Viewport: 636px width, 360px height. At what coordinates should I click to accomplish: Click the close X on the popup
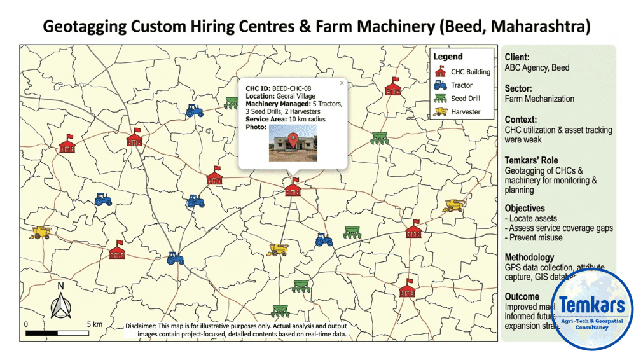342,83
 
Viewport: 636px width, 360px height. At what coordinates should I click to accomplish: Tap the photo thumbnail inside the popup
293,142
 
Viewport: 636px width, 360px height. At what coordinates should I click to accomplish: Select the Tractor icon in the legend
440,85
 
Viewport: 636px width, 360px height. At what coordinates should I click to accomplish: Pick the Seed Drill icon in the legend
440,99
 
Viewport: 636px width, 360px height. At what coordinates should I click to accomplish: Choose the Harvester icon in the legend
440,112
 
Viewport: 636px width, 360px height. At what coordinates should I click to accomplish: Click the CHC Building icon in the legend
440,71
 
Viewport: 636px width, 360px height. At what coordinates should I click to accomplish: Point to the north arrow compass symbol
61,304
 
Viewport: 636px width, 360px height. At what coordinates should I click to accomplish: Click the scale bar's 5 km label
93,324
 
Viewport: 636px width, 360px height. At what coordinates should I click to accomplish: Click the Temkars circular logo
592,310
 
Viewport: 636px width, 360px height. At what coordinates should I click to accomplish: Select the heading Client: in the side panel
517,57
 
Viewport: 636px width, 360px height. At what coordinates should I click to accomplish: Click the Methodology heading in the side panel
529,258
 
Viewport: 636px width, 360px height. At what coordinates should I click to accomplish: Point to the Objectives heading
525,208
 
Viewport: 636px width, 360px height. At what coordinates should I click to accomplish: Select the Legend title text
448,57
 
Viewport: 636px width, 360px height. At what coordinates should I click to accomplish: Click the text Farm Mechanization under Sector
539,99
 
